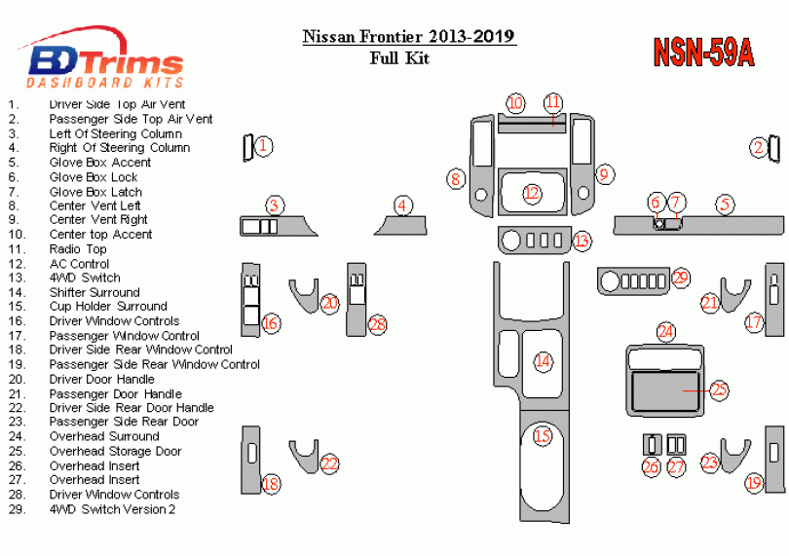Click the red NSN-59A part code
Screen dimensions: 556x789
(x=702, y=53)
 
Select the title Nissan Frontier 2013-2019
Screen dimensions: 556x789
(x=409, y=37)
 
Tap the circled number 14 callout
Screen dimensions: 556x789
(x=543, y=361)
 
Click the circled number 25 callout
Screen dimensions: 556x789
(x=719, y=390)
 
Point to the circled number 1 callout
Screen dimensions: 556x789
(x=263, y=146)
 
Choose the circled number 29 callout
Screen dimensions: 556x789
(x=680, y=278)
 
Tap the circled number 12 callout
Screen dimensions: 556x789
(x=531, y=194)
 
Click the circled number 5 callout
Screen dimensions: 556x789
(x=725, y=204)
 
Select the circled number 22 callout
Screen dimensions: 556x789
(x=329, y=464)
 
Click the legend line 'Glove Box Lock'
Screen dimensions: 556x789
(x=94, y=177)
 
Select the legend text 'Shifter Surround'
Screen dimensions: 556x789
(x=94, y=292)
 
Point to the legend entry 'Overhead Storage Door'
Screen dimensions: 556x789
(x=115, y=451)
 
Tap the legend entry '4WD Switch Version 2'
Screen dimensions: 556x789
(x=112, y=508)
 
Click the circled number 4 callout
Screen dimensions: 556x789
(x=403, y=204)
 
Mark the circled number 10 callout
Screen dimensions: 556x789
(x=515, y=103)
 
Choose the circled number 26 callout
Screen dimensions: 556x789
(x=651, y=466)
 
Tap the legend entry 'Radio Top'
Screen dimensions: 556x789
(x=78, y=249)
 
